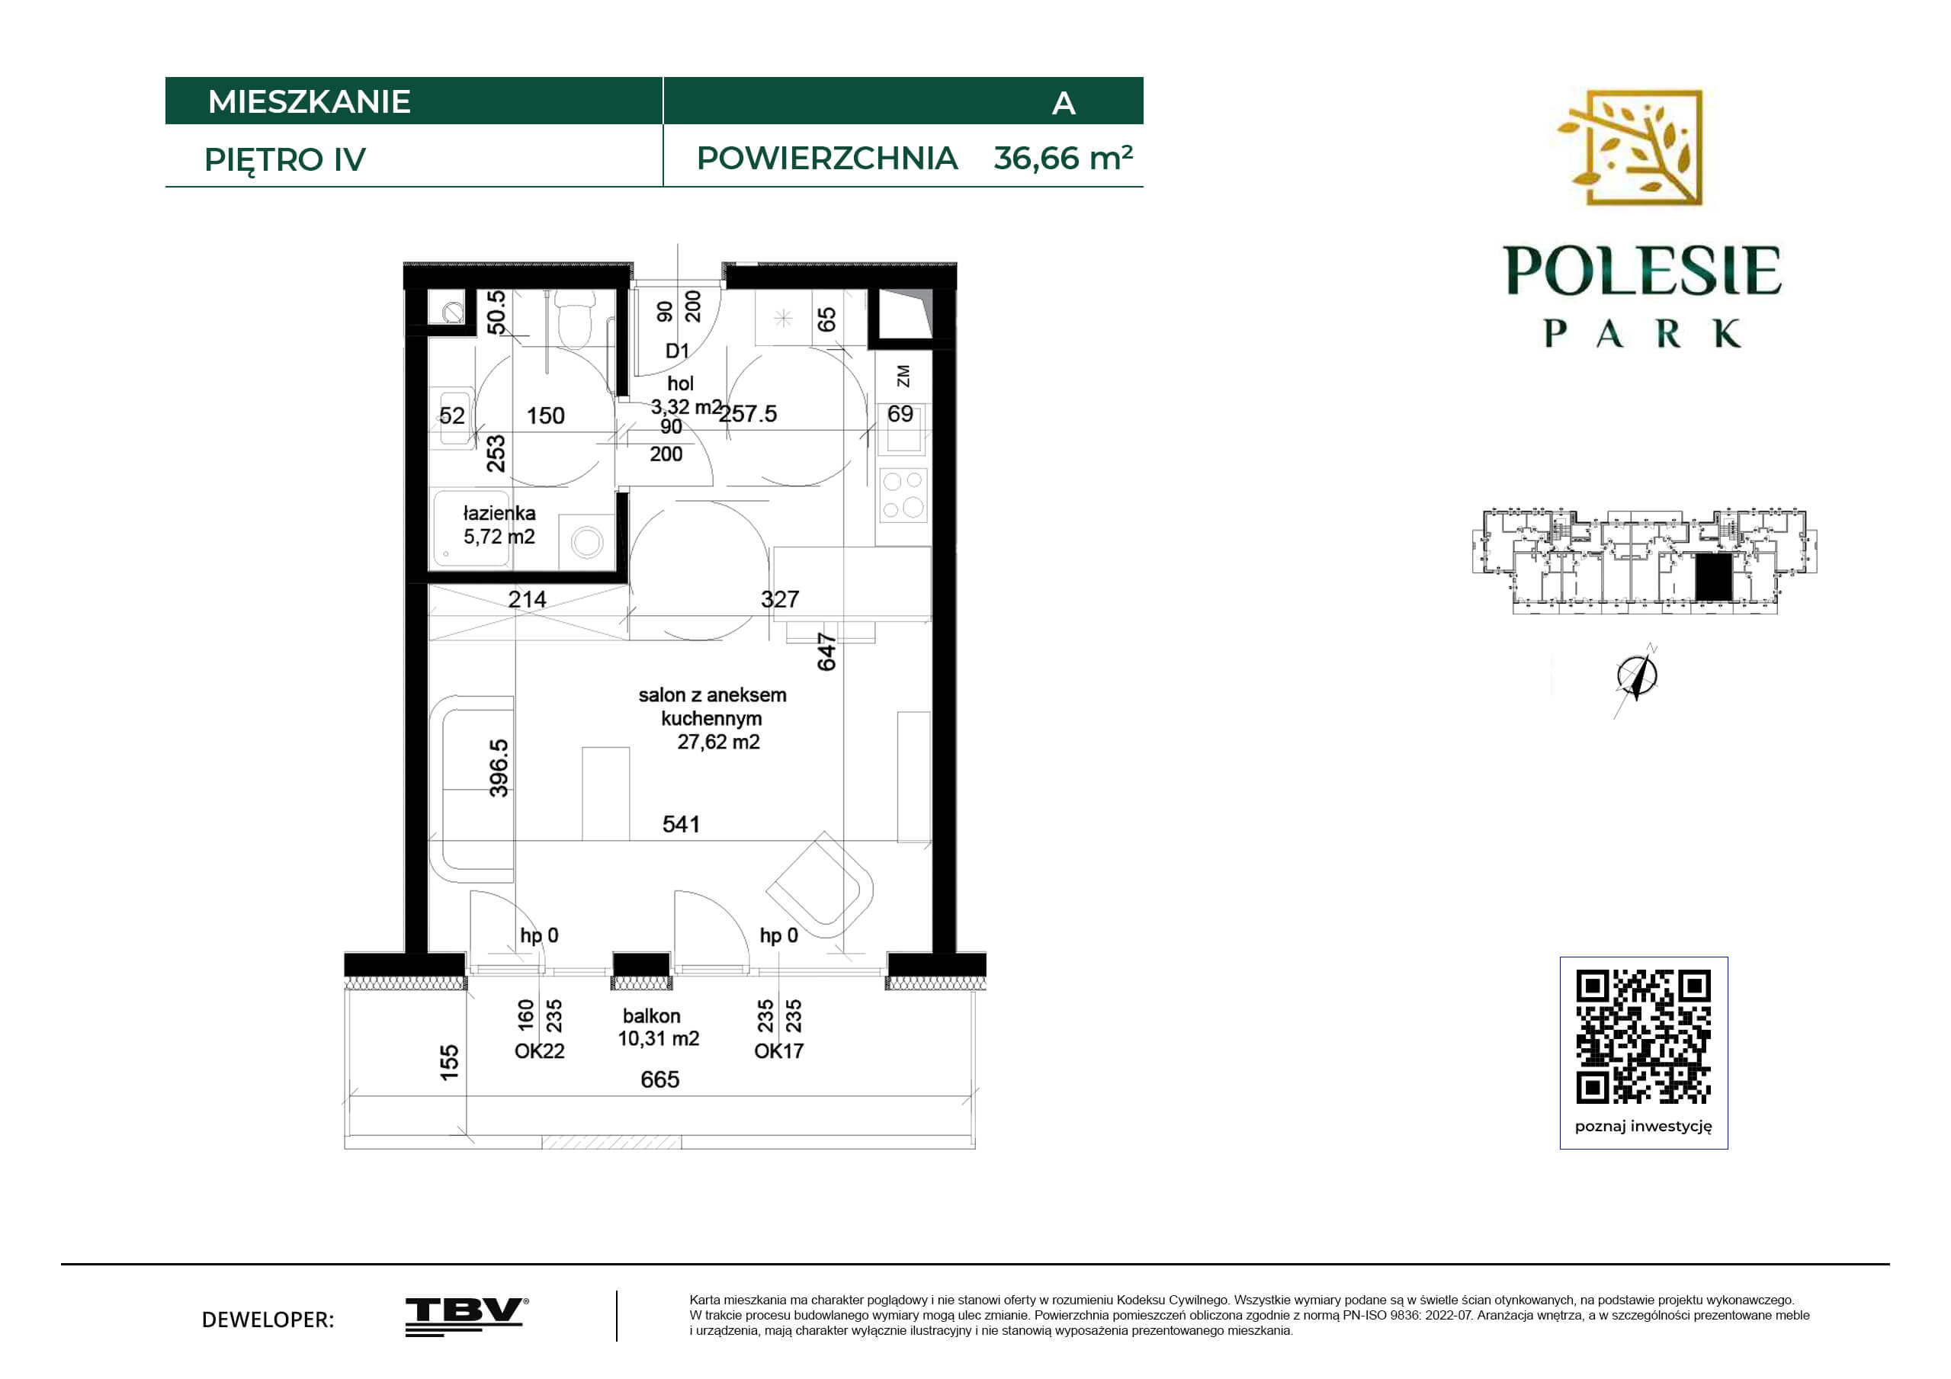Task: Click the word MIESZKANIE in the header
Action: pos(310,102)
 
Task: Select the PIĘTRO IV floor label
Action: pos(284,160)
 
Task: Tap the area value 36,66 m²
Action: pos(1063,158)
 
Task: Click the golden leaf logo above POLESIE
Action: pos(1630,148)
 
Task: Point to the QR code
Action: pos(1644,1036)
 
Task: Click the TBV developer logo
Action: pos(467,1316)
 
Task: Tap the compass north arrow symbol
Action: pos(1637,677)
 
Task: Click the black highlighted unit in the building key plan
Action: pos(1713,578)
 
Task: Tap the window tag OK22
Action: pos(540,1051)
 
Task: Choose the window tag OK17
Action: pos(778,1051)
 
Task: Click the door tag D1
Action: pos(677,351)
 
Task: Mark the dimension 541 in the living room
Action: pos(682,824)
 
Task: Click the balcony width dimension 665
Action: pos(660,1080)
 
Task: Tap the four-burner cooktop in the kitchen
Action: pos(903,495)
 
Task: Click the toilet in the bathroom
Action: pos(576,319)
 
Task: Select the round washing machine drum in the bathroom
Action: pos(587,542)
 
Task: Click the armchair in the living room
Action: pos(820,884)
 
